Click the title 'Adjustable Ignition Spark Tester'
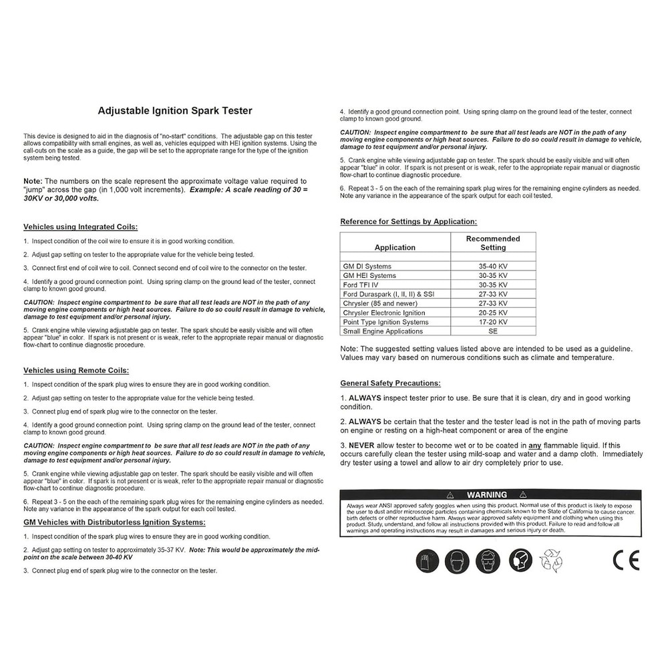(175, 111)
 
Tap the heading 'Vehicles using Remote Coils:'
(76, 370)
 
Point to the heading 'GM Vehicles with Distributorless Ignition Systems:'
(114, 522)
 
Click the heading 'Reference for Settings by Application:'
(409, 222)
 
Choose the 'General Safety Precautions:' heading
(390, 383)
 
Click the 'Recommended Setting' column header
(493, 242)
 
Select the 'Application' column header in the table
(395, 247)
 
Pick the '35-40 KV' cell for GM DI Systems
(493, 266)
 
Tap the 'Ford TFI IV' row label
(362, 285)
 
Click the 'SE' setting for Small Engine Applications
(493, 331)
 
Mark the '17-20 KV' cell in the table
(493, 322)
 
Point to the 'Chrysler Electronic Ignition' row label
(384, 313)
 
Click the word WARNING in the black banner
(486, 495)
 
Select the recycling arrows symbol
(551, 560)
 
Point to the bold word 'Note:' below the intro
(33, 181)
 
